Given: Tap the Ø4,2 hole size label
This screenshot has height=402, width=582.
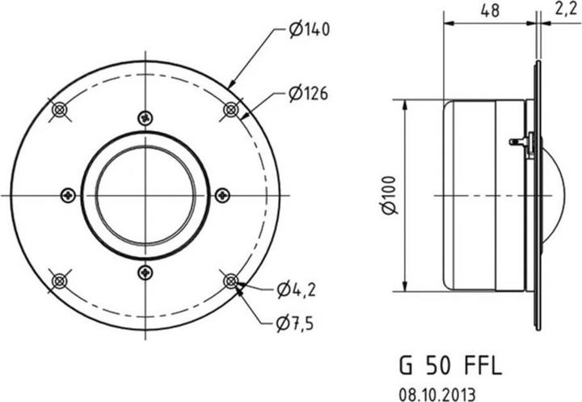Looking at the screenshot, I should (295, 289).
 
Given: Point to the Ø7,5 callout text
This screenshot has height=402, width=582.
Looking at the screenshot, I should (294, 324).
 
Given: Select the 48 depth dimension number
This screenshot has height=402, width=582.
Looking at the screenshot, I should (489, 11).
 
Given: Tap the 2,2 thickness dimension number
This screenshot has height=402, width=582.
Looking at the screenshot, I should (565, 11).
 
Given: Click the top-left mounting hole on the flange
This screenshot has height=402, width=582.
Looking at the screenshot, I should (59, 109).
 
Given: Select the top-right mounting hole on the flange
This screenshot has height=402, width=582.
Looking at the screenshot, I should (231, 109).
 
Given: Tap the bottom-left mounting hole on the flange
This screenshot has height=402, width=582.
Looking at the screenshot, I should (59, 281).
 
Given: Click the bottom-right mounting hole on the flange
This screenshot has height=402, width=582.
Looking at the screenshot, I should (231, 281).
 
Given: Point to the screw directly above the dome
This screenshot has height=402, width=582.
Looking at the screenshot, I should (145, 117).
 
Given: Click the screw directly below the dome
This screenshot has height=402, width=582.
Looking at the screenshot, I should (145, 273).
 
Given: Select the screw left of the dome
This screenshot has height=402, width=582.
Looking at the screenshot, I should (68, 195).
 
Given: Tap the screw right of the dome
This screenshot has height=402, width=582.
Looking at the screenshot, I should (222, 195).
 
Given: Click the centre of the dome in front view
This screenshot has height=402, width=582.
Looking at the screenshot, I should (145, 195).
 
